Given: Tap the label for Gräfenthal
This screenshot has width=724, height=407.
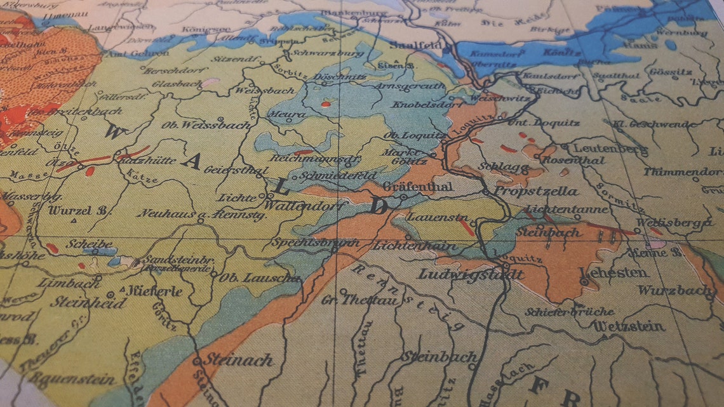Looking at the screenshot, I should point(418,187).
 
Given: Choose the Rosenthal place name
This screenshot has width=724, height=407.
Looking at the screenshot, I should point(581,161).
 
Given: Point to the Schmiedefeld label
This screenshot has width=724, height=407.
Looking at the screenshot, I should point(339,175).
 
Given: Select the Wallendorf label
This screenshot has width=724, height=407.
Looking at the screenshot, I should point(303,206).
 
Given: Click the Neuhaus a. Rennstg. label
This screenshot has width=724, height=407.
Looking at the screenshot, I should point(203,215).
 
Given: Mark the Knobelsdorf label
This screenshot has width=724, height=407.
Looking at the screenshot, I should point(424,104).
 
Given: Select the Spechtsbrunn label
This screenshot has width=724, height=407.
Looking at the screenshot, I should point(305,243).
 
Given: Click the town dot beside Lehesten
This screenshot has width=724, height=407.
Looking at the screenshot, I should point(583,281).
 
